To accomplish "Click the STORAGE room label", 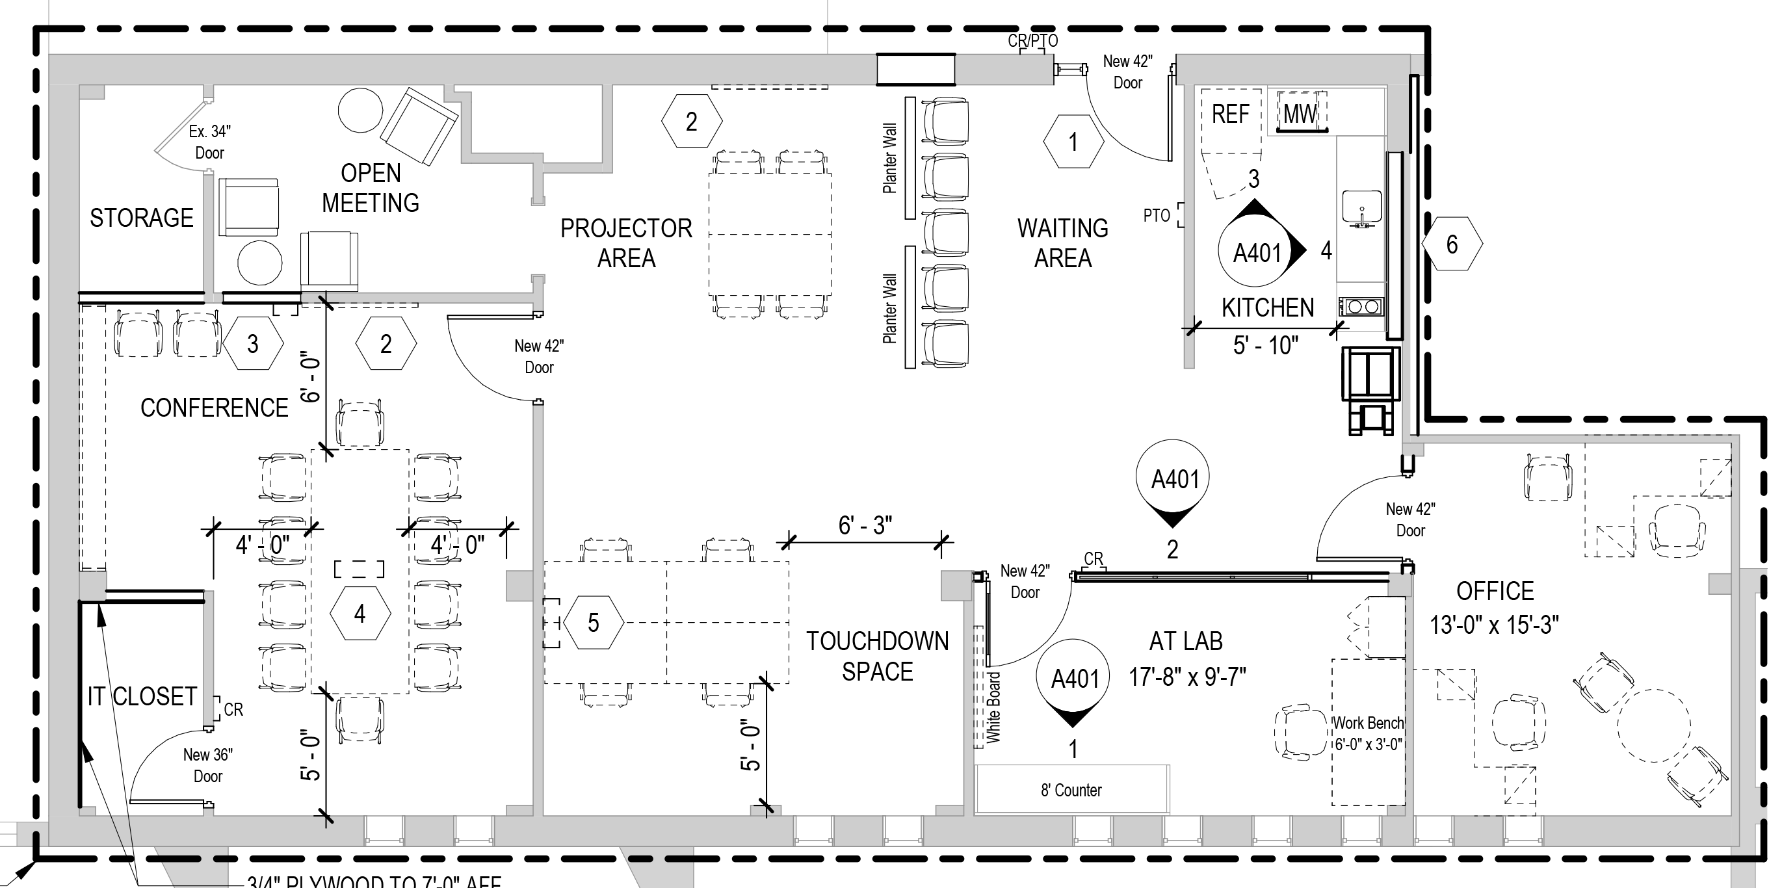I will tap(142, 218).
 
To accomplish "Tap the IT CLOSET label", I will tap(142, 696).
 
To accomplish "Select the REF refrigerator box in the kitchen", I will tap(1230, 114).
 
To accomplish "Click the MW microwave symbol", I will tap(1301, 113).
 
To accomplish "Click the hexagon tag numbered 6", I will tap(1452, 244).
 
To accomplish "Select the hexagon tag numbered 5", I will tap(594, 622).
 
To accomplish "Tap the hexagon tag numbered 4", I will tap(360, 614).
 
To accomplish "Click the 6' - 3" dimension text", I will tap(865, 526).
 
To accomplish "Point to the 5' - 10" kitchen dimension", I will tap(1265, 345).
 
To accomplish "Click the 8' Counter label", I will tap(1071, 790).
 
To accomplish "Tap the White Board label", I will tap(993, 707).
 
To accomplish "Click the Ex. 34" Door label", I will tap(209, 142).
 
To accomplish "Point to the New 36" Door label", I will tap(207, 765).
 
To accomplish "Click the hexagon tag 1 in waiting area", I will tap(1073, 142).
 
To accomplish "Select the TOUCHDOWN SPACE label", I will tap(877, 657).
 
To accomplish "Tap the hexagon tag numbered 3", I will tap(253, 344).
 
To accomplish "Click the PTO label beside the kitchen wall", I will tap(1156, 216).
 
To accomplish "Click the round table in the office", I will tap(1653, 725).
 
